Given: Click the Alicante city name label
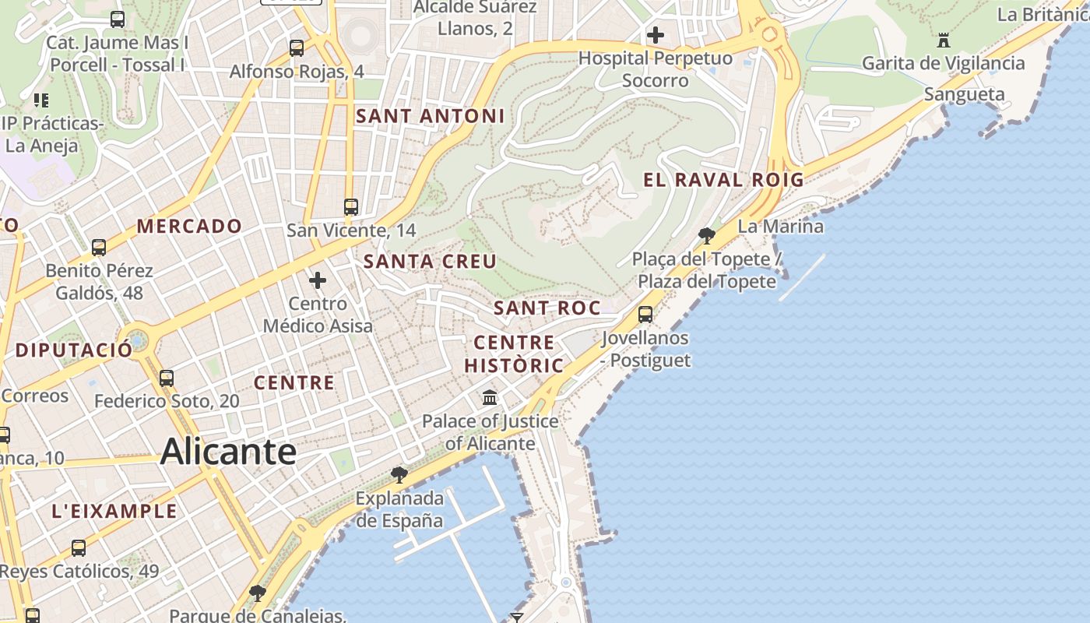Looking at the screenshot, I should pos(228,452).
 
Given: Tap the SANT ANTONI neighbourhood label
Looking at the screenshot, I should pos(431,117).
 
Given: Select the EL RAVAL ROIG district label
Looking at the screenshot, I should pos(723,180).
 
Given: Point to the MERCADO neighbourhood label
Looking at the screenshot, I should pos(190,227).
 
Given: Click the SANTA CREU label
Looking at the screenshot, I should pos(430,262).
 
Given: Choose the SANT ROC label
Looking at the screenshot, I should pos(547,308).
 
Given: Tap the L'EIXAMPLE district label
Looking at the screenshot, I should pos(114,512).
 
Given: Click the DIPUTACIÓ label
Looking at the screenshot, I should pos(74,350).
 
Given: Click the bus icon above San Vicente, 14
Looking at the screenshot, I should pos(351,206).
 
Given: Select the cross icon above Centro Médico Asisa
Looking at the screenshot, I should pos(318,280).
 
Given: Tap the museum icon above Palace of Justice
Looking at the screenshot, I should pos(490,398).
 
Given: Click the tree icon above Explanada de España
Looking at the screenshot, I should pos(399,474).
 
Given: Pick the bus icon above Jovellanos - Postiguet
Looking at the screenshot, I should pos(645,315).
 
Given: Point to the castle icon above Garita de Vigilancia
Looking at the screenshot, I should pos(944,40).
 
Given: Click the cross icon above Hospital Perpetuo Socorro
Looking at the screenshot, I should pos(656,35).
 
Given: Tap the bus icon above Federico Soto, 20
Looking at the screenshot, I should pos(167,378).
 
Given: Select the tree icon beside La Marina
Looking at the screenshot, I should pos(707,234).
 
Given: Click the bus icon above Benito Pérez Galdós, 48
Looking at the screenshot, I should pos(99,248).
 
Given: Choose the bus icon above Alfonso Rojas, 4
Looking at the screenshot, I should pos(297,48).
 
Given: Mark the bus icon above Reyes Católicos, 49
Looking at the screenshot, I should pos(79,547).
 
